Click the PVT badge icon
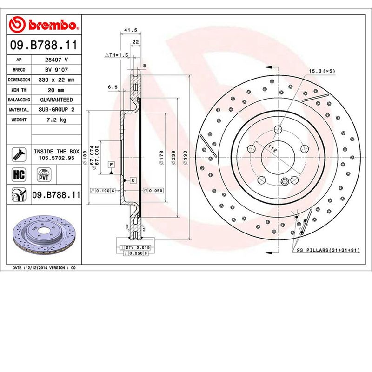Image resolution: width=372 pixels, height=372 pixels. [43, 175]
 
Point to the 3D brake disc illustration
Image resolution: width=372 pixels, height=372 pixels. [45, 237]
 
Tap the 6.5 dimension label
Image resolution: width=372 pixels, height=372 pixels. [112, 87]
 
